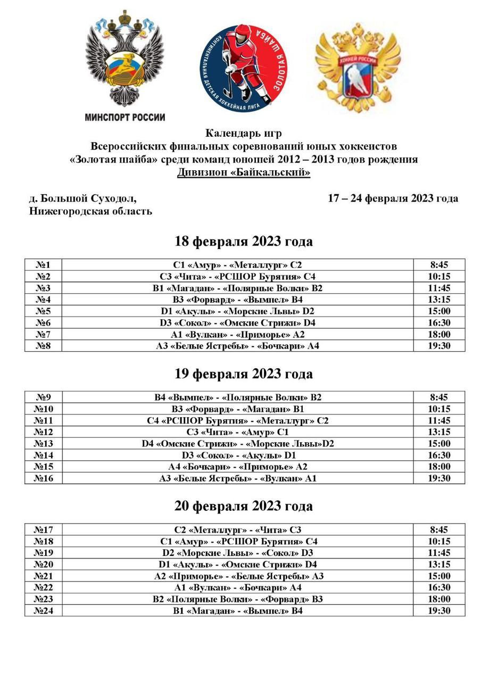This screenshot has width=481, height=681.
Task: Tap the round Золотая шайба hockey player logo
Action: point(243,68)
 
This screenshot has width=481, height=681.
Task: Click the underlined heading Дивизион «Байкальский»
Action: point(244,172)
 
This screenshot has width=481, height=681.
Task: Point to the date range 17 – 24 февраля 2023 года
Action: point(393,198)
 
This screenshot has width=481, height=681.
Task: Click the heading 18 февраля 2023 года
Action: point(244,242)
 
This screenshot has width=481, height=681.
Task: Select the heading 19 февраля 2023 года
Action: point(244,374)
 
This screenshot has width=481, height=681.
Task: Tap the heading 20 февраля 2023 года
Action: point(244,506)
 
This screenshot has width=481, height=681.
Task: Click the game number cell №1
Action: point(43,265)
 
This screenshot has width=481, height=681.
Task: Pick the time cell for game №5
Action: point(439,311)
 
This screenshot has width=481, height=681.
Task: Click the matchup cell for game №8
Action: point(237,346)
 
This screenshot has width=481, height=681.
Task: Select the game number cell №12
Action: point(43,432)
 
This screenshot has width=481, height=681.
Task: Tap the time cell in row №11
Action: point(439,420)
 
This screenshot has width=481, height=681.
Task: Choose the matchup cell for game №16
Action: point(237,478)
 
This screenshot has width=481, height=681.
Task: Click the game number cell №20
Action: point(43,564)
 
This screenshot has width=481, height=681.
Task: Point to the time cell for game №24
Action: point(439,611)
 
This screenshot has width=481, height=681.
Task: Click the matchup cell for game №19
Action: point(237,553)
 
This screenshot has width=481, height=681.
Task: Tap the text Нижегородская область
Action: point(90,211)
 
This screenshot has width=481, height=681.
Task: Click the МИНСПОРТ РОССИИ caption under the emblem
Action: point(125,118)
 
